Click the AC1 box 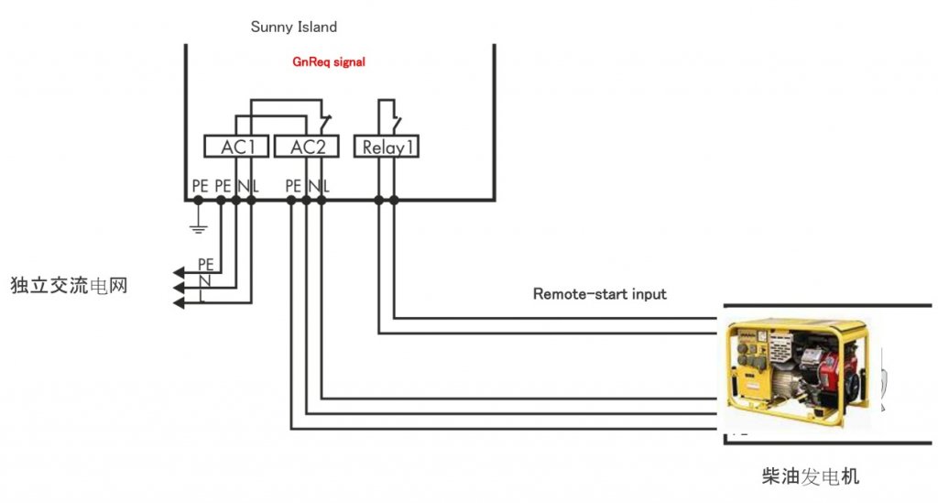click(x=236, y=147)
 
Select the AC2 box click(x=306, y=147)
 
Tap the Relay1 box click(x=387, y=147)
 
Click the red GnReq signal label click(x=329, y=61)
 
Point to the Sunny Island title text click(x=294, y=27)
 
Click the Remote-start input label click(x=599, y=294)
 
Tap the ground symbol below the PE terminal click(x=198, y=227)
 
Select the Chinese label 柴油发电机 click(x=810, y=476)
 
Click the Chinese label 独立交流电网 click(x=69, y=285)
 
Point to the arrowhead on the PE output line click(x=179, y=273)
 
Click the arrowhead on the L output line click(x=179, y=303)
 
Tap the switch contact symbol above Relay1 click(x=396, y=125)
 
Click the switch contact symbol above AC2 click(x=325, y=123)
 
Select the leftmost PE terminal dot click(x=198, y=201)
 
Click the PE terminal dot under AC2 click(x=291, y=201)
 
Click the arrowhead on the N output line click(x=179, y=289)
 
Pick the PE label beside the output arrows click(x=206, y=265)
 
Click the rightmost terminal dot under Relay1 click(x=394, y=201)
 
